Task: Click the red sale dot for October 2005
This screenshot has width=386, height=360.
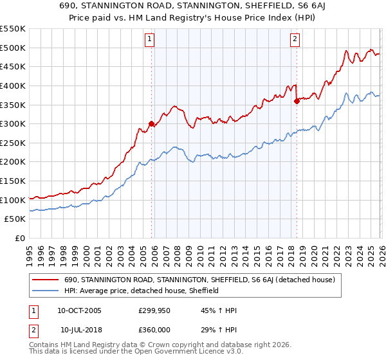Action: tap(152, 123)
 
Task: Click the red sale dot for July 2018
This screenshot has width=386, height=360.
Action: tap(297, 100)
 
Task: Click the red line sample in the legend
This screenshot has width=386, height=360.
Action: tap(46, 280)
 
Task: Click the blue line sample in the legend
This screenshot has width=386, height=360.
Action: tap(46, 291)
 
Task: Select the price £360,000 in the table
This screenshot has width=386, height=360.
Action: tap(157, 330)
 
